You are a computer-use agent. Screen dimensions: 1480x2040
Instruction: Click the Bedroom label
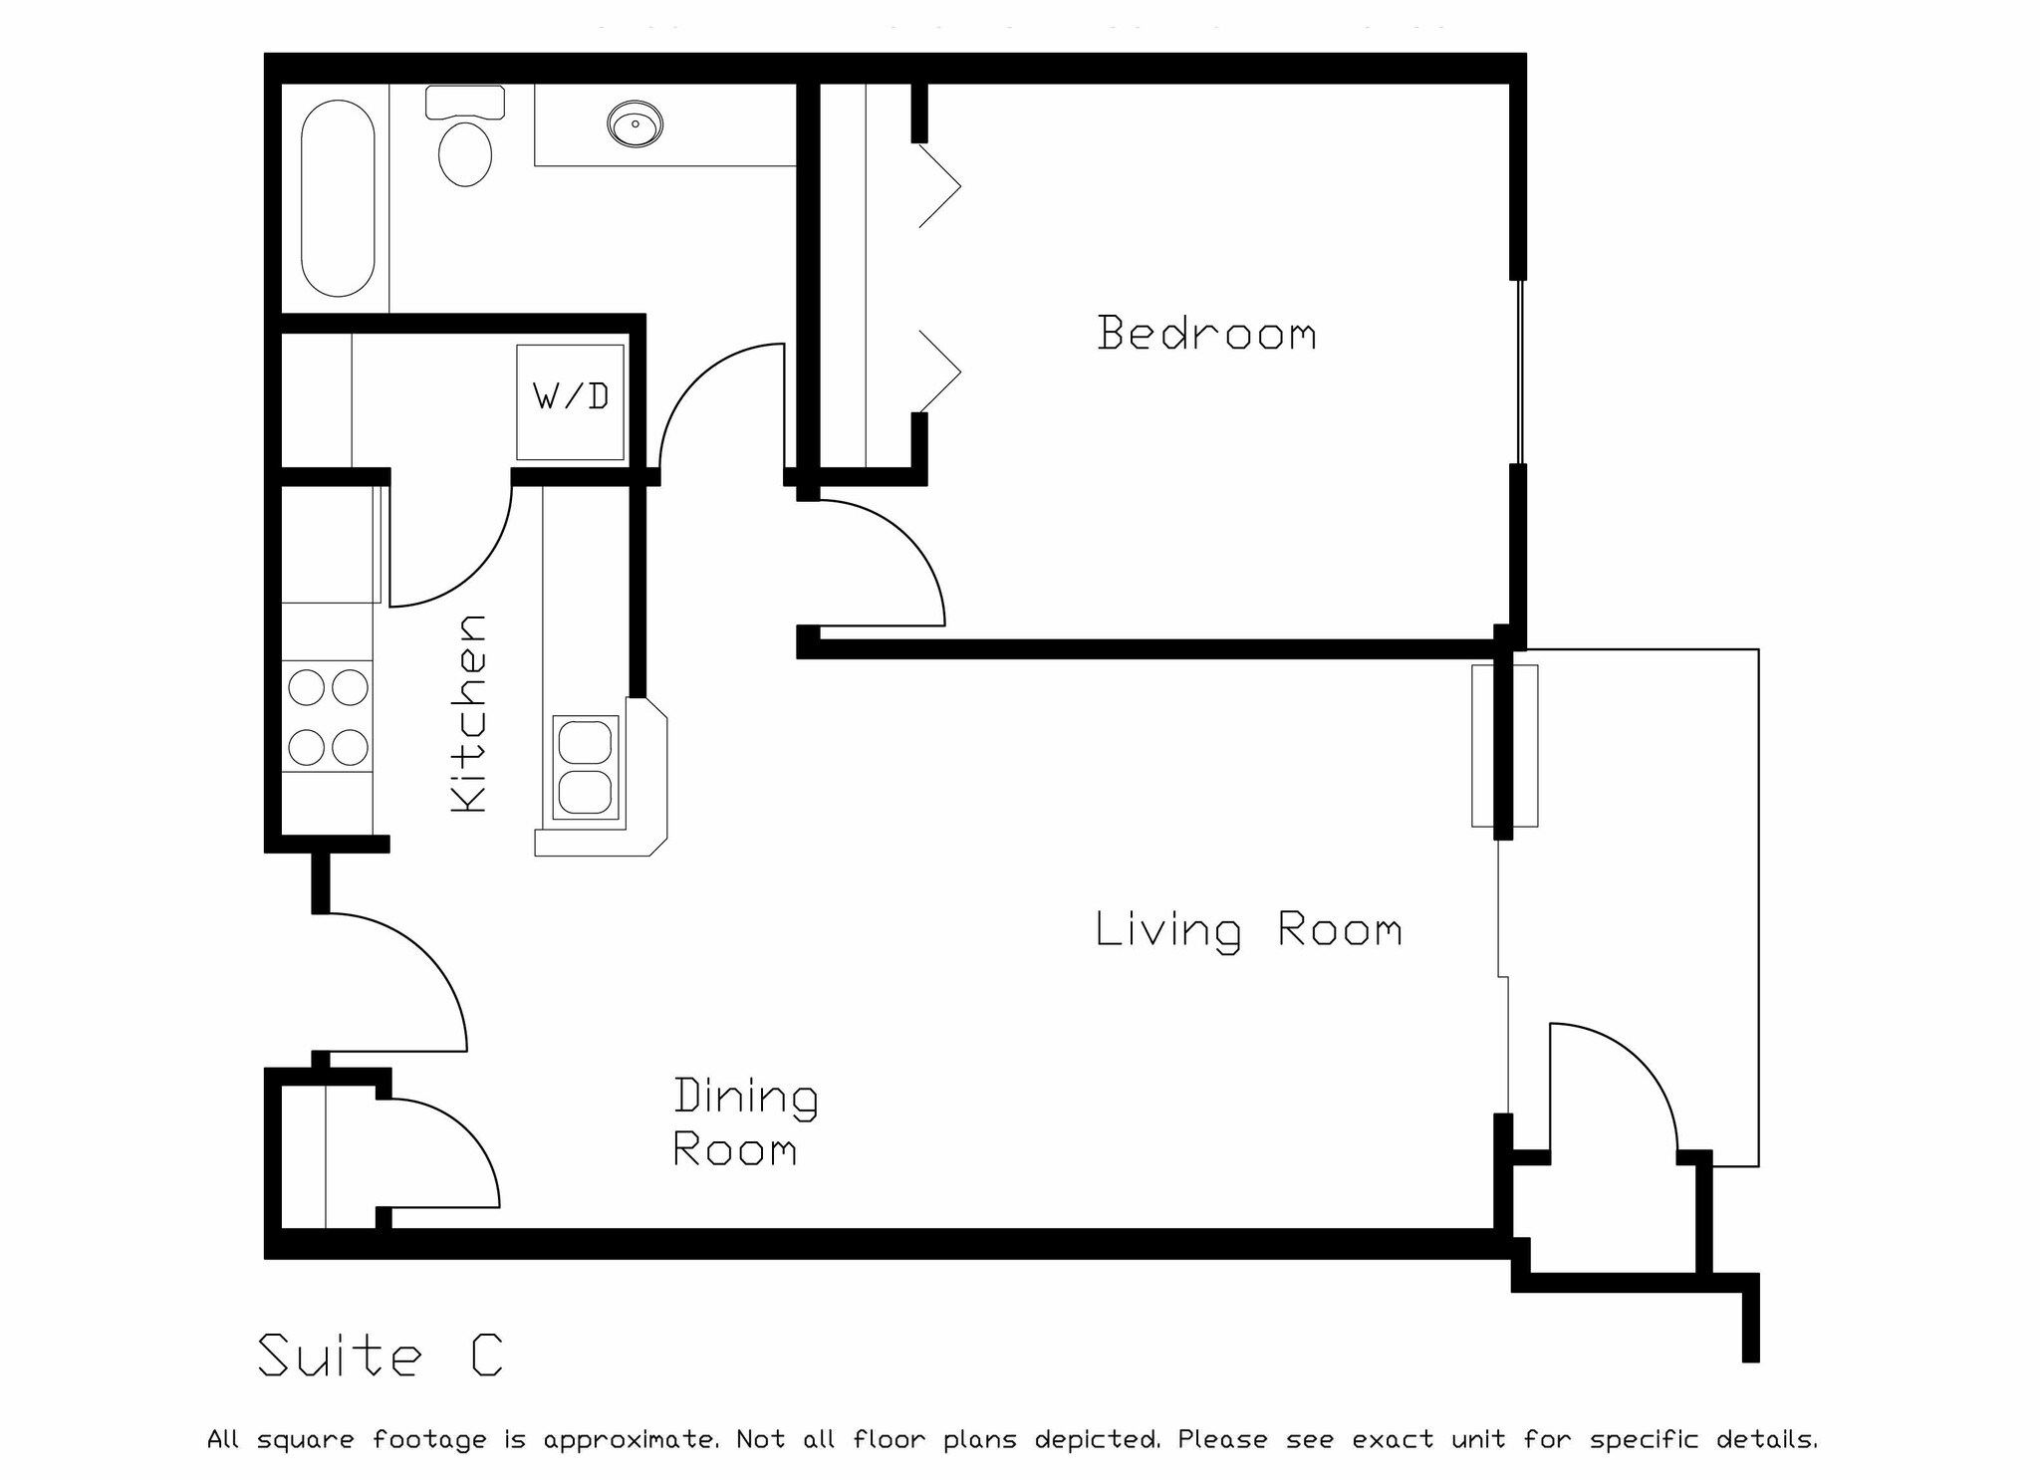coord(1206,334)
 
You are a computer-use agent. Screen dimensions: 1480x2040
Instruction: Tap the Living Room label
coord(1249,930)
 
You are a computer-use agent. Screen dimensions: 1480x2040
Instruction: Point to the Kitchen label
coord(468,713)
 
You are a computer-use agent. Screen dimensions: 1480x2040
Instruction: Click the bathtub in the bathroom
coord(338,198)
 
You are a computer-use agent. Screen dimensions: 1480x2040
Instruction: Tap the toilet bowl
coord(465,152)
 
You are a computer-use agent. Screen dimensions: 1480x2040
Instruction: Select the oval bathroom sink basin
coord(635,124)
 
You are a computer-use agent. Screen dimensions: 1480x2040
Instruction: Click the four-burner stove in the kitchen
coord(328,716)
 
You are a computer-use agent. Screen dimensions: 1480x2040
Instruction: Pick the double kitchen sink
coord(585,767)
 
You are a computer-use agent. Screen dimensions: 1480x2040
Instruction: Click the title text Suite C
coord(381,1356)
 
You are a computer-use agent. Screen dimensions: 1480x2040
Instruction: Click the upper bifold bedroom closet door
coord(939,186)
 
